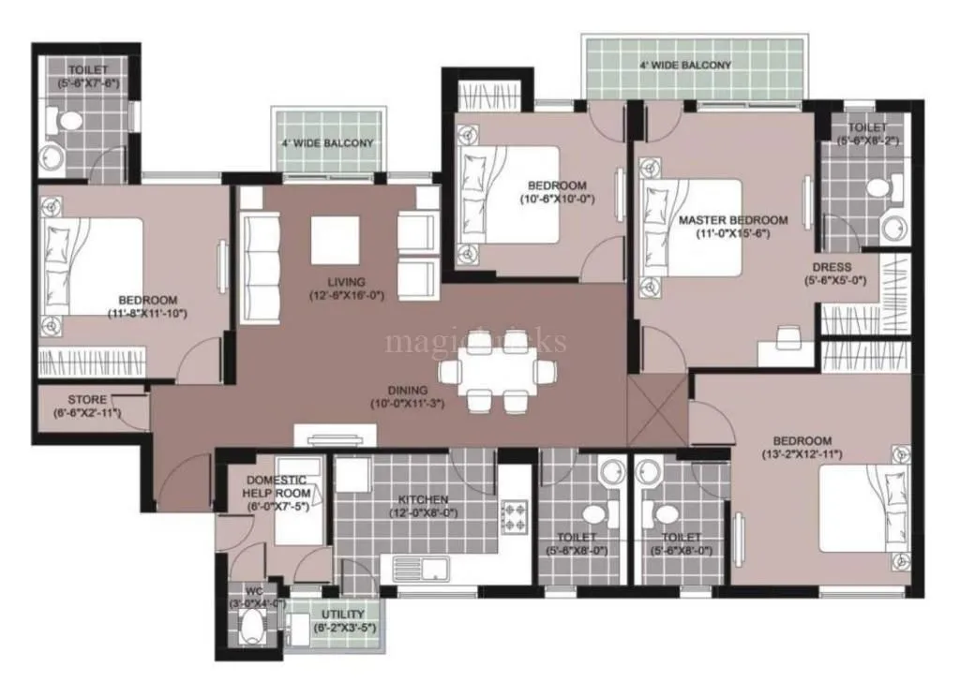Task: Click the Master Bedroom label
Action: tap(732, 220)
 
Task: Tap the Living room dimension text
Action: tap(346, 295)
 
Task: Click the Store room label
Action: tap(87, 400)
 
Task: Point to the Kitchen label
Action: tap(422, 499)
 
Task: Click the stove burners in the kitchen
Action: tap(515, 512)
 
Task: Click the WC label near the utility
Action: tap(255, 592)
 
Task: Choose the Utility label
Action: tap(343, 615)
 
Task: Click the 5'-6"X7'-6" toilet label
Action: tap(87, 70)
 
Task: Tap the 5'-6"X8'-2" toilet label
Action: tap(868, 127)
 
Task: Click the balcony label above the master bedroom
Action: tap(684, 66)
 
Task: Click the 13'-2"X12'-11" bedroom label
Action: tap(802, 441)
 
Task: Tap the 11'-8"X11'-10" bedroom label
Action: tap(147, 301)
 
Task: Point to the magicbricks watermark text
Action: tap(475, 341)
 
